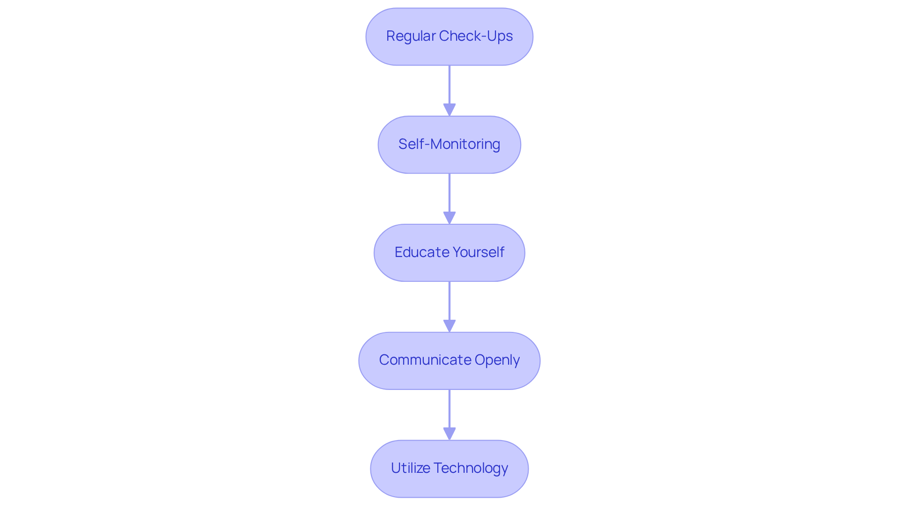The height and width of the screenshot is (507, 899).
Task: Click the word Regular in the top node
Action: point(411,36)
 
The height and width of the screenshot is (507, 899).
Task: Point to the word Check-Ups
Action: point(476,36)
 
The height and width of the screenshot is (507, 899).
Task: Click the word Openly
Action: point(497,360)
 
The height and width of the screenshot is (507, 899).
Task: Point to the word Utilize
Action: point(410,468)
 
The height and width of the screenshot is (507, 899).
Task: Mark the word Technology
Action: point(471,468)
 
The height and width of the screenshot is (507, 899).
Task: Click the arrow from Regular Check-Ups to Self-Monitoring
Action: point(449,87)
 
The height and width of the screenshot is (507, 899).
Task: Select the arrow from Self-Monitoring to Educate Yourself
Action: point(449,194)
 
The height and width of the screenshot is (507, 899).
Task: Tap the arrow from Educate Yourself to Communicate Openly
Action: point(449,302)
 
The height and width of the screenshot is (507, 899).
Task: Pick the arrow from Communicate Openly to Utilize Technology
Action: point(449,410)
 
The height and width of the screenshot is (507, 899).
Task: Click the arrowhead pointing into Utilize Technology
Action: point(449,434)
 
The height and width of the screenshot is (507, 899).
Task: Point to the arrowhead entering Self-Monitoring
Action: point(449,110)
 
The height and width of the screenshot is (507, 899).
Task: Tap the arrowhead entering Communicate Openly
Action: point(449,326)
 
